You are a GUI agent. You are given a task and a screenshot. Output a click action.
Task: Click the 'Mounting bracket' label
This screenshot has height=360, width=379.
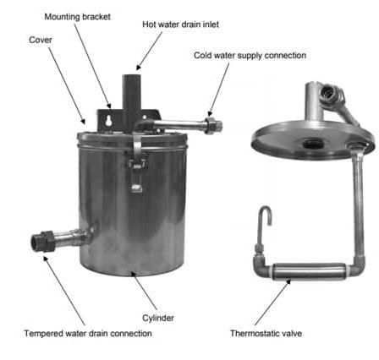[x=77, y=17]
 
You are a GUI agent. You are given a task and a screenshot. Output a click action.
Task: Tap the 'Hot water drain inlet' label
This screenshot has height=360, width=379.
[x=180, y=25]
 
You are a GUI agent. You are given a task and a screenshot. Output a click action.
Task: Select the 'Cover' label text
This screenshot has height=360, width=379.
[x=41, y=40]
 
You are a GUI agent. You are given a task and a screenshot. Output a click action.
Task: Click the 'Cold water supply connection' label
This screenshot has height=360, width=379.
[x=250, y=56]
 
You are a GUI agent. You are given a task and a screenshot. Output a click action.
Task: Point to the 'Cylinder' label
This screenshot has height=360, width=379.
[x=158, y=318]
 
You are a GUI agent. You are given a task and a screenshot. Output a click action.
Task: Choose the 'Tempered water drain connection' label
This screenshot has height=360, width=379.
[x=88, y=334]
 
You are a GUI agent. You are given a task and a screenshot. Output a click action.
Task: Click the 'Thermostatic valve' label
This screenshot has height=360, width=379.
[x=266, y=334]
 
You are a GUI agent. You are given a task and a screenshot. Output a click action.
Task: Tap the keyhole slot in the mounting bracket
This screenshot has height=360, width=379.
[x=108, y=121]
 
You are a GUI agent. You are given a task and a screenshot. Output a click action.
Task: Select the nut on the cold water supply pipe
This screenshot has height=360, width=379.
[x=210, y=126]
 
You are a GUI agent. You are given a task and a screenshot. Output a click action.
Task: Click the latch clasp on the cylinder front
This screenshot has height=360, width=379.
[x=136, y=175]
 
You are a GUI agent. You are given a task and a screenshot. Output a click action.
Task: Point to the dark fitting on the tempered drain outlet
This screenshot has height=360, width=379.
[x=42, y=241]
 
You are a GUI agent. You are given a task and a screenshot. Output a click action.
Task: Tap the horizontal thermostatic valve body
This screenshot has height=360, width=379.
[x=310, y=271]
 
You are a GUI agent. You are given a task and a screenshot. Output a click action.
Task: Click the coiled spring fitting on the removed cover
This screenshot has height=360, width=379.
[x=331, y=95]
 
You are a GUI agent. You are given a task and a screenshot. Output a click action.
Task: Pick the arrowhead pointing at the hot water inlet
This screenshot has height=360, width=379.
[x=139, y=67]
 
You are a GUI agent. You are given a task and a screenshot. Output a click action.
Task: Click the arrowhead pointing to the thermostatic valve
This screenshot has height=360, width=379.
[x=288, y=281]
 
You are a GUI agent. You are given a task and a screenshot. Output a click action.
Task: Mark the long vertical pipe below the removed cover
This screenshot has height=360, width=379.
[x=358, y=203]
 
